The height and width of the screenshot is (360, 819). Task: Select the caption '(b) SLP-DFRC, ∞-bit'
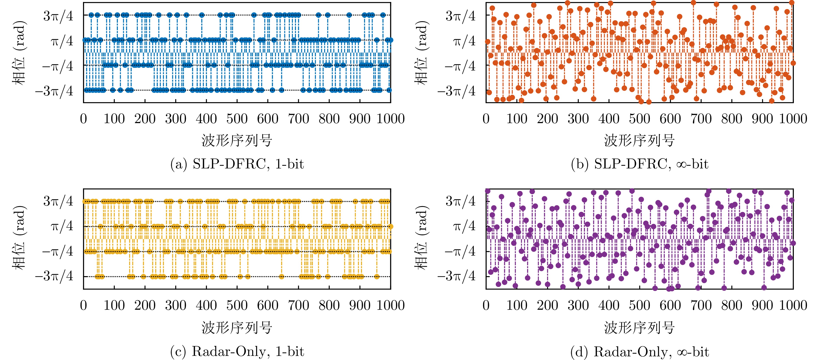tap(639, 164)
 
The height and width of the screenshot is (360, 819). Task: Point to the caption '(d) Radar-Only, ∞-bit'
tap(639, 351)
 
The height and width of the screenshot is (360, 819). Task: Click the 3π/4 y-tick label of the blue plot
tap(58, 16)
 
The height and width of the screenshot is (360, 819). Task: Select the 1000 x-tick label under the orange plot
tap(793, 119)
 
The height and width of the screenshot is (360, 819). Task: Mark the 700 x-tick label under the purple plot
tap(701, 305)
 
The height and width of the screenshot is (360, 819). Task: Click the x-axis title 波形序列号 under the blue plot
tap(237, 140)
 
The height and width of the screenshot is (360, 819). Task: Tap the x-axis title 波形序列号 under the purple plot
tap(639, 327)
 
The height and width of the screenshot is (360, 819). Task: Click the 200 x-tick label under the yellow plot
tap(145, 305)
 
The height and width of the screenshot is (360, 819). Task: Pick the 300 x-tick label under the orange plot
tap(578, 119)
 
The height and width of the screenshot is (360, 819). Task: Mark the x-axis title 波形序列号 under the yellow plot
tap(237, 327)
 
